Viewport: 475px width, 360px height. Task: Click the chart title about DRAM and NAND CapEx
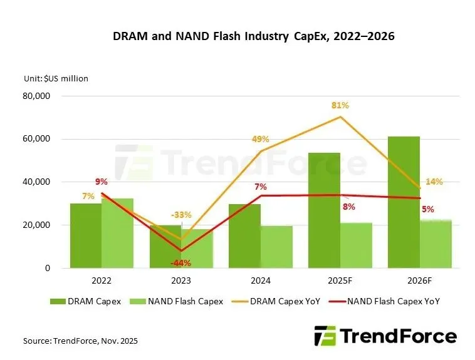pyautogui.click(x=253, y=36)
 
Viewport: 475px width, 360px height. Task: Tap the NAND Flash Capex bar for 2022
pyautogui.click(x=117, y=233)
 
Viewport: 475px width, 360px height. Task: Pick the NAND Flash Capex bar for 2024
pyautogui.click(x=276, y=247)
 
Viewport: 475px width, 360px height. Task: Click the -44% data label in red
pyautogui.click(x=182, y=262)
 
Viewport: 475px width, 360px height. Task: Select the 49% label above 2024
pyautogui.click(x=261, y=139)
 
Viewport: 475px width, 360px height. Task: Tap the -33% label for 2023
pyautogui.click(x=182, y=212)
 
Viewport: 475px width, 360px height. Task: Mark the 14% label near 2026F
pyautogui.click(x=434, y=182)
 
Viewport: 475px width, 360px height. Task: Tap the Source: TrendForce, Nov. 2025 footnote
pyautogui.click(x=80, y=341)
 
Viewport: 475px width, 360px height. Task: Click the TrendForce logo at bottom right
pyautogui.click(x=385, y=336)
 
